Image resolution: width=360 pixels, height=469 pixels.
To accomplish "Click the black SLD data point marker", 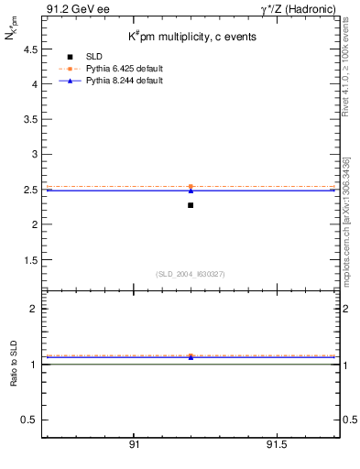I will click(191, 205).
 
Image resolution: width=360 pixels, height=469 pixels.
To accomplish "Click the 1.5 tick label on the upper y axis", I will click(27, 260).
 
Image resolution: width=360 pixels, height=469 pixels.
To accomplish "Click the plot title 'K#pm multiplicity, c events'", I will click(192, 36).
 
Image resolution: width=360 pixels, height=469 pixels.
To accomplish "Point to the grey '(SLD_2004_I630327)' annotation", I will click(191, 274).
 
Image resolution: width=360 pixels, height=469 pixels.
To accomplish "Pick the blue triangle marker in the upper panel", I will click(191, 191).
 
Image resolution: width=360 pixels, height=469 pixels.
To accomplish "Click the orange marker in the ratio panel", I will click(191, 355).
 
